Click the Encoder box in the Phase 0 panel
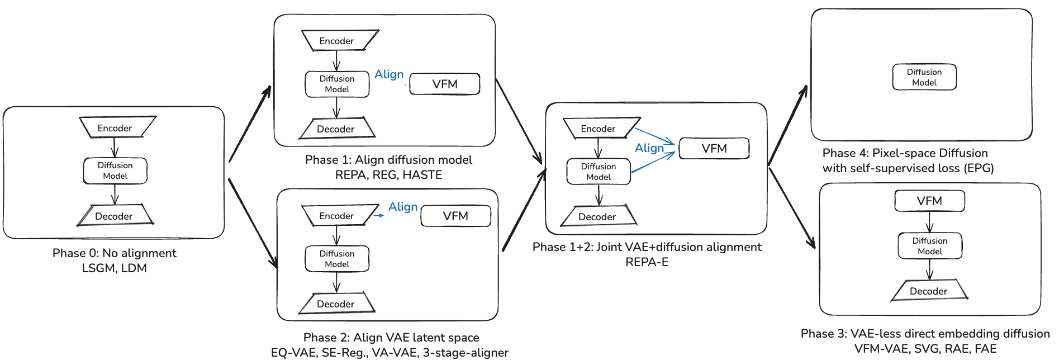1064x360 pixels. pyautogui.click(x=115, y=128)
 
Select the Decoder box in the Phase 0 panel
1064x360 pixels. pyautogui.click(x=114, y=216)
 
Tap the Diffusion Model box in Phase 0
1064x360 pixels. pyautogui.click(x=115, y=170)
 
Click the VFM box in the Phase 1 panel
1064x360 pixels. pyautogui.click(x=445, y=84)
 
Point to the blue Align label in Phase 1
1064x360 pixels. pyautogui.click(x=389, y=74)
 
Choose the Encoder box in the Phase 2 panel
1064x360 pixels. pyautogui.click(x=336, y=216)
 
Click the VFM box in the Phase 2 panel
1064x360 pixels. pyautogui.click(x=455, y=216)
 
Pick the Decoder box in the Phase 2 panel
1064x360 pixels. pyautogui.click(x=336, y=304)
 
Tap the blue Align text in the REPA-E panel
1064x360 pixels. pyautogui.click(x=649, y=148)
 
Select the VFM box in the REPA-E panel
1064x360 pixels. pyautogui.click(x=714, y=148)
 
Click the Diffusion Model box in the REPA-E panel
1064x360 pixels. pyautogui.click(x=598, y=172)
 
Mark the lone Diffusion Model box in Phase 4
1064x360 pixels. pyautogui.click(x=924, y=77)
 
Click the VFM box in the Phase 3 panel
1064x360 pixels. pyautogui.click(x=929, y=201)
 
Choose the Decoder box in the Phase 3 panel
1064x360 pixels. pyautogui.click(x=928, y=291)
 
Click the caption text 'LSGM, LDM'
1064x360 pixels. pyautogui.click(x=115, y=268)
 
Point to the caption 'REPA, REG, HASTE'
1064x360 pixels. pyautogui.click(x=388, y=175)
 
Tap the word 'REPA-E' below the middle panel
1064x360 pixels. pyautogui.click(x=647, y=262)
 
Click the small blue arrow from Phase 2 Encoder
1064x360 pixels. pyautogui.click(x=378, y=215)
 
